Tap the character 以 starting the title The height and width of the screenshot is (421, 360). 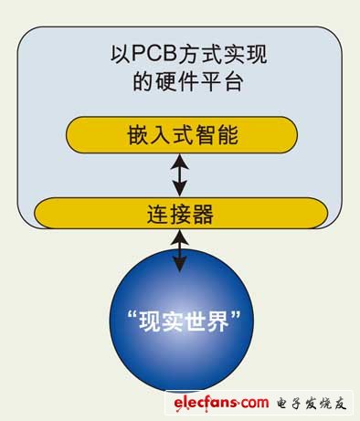tap(121, 54)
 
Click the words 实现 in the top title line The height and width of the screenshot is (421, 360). tap(246, 54)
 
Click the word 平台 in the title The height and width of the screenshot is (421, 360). tap(223, 81)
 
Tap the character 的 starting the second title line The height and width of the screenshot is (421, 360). tap(143, 81)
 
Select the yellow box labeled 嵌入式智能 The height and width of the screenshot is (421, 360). tap(182, 134)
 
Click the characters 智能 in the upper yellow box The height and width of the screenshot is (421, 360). tap(217, 135)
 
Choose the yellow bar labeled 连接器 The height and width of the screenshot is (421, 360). tap(181, 213)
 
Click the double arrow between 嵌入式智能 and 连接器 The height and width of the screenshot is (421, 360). tap(180, 175)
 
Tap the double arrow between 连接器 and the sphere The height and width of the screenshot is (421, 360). tap(180, 250)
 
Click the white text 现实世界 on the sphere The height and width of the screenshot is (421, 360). tap(184, 321)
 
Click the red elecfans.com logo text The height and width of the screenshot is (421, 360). tap(221, 403)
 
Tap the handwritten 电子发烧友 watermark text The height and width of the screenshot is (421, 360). tap(312, 404)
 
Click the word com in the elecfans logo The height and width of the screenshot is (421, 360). tap(255, 403)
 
